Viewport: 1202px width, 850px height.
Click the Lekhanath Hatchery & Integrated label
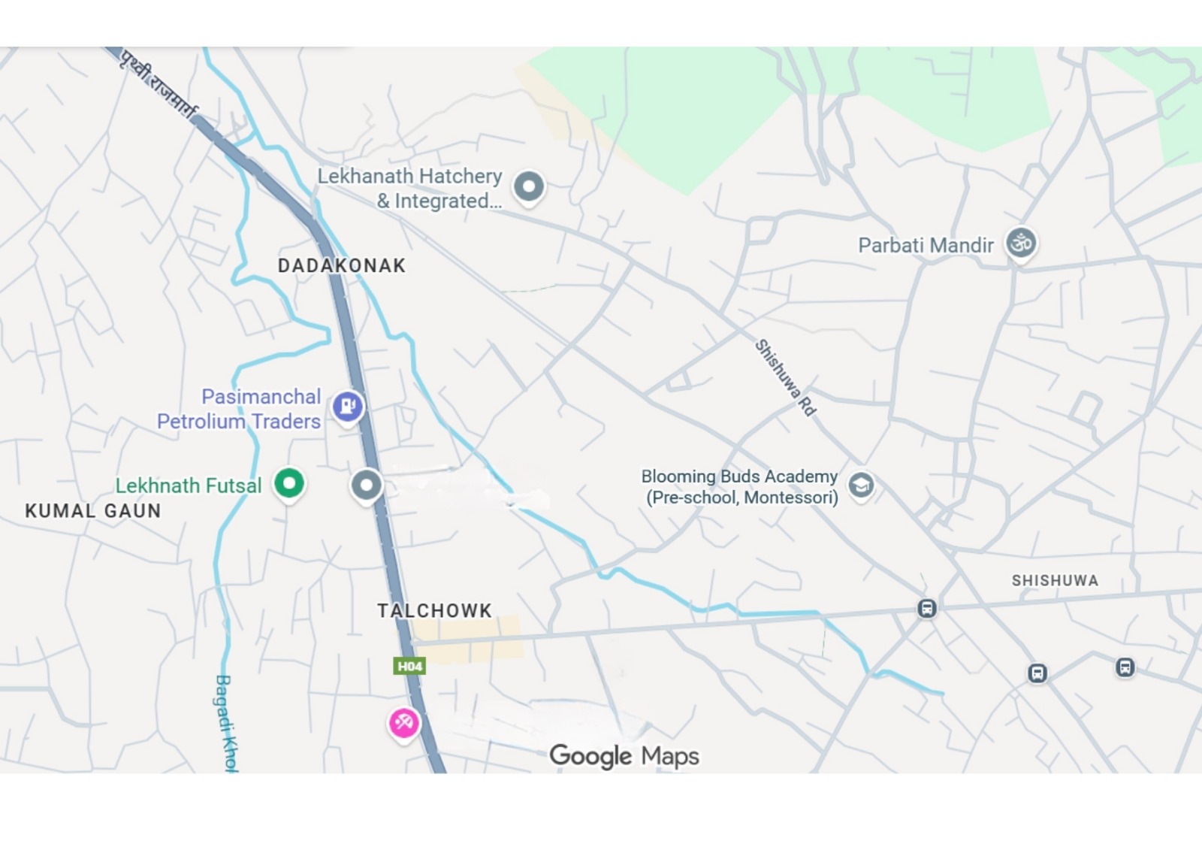point(409,188)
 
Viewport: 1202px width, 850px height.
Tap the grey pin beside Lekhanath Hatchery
point(529,186)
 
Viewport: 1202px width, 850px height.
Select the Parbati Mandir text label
point(926,246)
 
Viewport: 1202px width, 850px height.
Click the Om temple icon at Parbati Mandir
point(1021,243)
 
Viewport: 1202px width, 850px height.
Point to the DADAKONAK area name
point(342,265)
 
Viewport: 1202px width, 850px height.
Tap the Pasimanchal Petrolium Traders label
point(240,409)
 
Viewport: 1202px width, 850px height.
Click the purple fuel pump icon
point(348,407)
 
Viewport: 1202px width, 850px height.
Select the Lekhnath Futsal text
point(189,485)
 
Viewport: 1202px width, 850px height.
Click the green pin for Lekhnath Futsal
point(289,482)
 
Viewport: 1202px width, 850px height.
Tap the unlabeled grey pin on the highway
point(367,485)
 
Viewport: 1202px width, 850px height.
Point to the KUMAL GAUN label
point(93,511)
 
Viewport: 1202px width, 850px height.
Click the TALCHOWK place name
point(434,610)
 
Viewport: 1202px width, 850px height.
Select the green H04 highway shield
point(409,666)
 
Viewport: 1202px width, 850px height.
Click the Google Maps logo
point(624,755)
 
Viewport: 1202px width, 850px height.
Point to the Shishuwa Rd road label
point(785,377)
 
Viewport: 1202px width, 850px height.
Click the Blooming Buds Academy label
point(739,487)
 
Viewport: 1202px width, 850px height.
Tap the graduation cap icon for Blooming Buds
point(861,485)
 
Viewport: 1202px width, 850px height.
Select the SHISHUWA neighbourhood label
point(1055,580)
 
